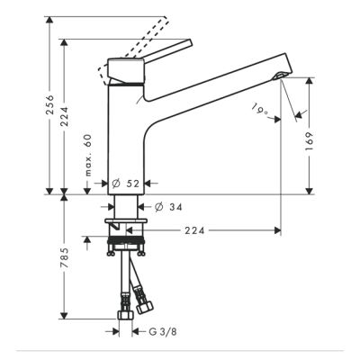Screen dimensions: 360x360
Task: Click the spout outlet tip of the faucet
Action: coord(281,78)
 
